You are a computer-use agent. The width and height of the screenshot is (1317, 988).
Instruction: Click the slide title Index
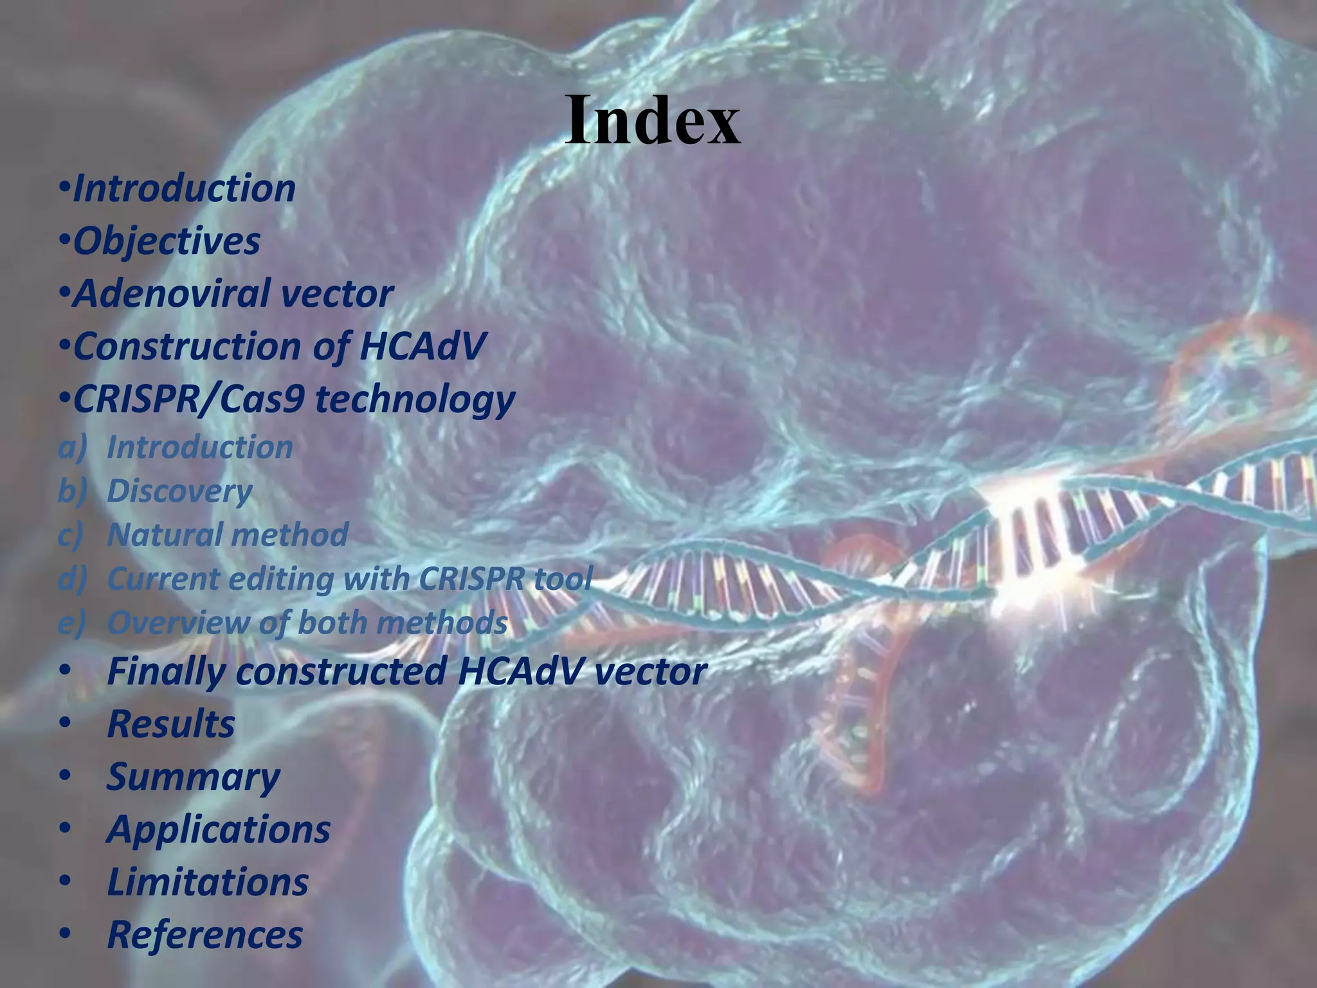653,121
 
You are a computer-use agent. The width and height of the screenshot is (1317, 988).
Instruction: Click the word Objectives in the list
167,241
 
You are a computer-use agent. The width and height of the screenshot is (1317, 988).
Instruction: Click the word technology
415,399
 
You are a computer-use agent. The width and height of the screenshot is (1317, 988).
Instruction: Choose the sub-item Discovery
179,491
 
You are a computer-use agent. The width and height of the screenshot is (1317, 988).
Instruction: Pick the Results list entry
171,724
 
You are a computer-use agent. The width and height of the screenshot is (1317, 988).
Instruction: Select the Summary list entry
193,777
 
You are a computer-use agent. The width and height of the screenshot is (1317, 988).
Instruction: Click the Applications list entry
219,830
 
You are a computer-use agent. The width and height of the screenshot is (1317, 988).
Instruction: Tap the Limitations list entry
208,883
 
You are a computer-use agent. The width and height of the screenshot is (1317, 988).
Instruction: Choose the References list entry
204,935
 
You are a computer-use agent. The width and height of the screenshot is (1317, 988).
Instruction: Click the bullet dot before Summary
64,776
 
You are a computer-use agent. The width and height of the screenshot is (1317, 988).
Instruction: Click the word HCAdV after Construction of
422,347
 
